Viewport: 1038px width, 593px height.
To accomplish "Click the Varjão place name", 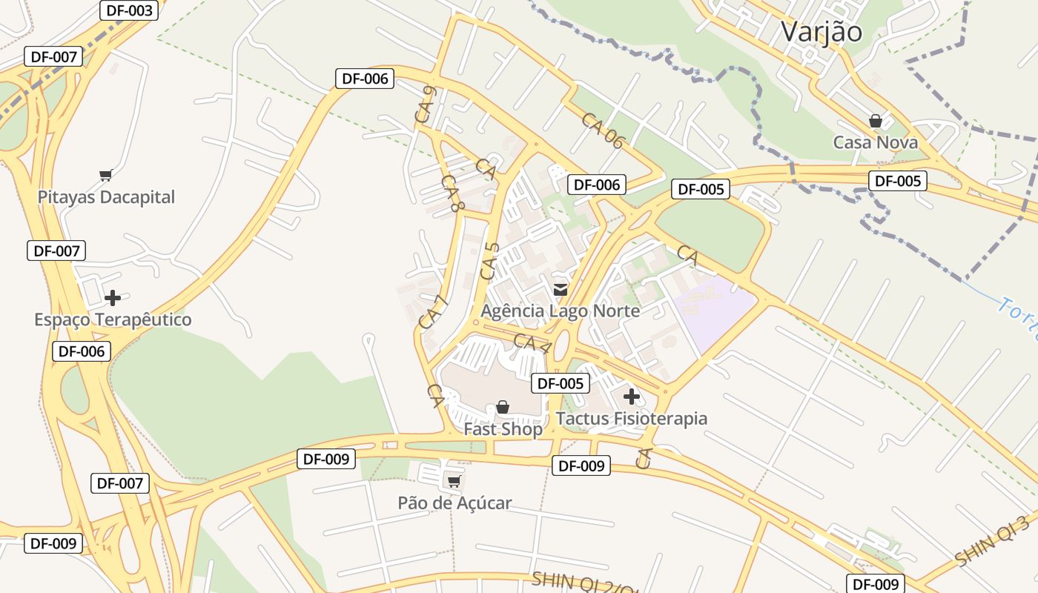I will tap(822, 32).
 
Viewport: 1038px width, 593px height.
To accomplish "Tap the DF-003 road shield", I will tap(129, 10).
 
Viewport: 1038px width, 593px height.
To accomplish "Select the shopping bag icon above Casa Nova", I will tap(876, 121).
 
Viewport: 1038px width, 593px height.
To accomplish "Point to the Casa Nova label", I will tap(876, 142).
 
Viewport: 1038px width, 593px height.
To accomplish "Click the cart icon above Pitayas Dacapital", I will tap(105, 176).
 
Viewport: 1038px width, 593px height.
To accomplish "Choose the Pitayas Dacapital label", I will tap(106, 197).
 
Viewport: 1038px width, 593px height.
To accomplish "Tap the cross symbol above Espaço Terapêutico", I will tap(113, 298).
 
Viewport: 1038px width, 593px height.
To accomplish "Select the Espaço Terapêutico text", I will tap(113, 319).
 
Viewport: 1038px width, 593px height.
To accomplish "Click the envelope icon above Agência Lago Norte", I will tap(561, 290).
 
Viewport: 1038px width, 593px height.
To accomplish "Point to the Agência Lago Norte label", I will tap(561, 311).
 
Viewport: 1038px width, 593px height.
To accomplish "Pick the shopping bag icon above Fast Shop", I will tap(503, 407).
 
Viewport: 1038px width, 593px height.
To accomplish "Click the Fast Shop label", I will tap(503, 428).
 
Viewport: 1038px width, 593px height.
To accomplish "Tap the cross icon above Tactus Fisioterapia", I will tap(632, 397).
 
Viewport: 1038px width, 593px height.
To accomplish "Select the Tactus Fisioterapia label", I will tap(632, 418).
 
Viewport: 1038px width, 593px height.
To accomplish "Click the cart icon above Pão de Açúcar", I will tap(454, 482).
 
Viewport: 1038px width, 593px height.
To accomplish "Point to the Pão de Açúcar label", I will tap(454, 503).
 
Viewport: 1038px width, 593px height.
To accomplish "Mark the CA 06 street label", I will tap(603, 130).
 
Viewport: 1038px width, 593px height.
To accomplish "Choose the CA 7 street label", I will tap(434, 312).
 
